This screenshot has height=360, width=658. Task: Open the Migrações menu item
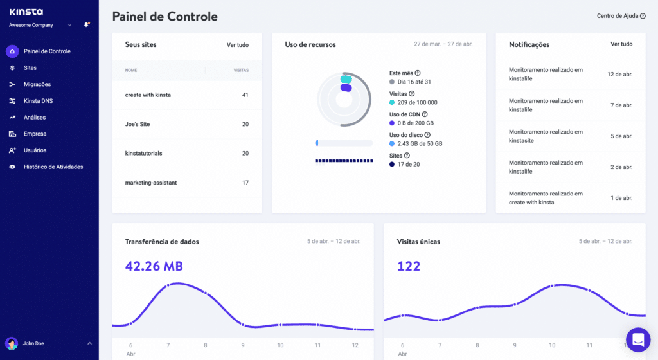click(37, 84)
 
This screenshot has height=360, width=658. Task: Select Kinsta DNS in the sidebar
click(38, 101)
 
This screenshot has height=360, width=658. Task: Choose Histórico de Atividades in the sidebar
click(53, 166)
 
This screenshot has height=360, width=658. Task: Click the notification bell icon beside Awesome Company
click(86, 25)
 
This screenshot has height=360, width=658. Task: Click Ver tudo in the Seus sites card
click(237, 45)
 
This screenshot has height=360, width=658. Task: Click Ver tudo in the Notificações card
click(621, 44)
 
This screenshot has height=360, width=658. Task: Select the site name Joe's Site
click(138, 124)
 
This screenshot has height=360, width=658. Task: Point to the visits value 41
click(245, 95)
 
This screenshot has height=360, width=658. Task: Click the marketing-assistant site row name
click(150, 183)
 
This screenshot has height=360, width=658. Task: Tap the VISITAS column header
click(240, 70)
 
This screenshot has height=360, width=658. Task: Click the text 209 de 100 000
click(417, 102)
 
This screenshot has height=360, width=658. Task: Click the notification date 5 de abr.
click(621, 136)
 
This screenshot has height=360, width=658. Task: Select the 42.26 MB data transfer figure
click(154, 266)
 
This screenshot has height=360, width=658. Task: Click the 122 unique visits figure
click(409, 266)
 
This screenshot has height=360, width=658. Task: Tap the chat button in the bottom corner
click(638, 339)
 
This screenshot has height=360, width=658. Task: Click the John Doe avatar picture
click(12, 343)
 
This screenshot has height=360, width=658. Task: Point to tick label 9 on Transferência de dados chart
click(243, 345)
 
